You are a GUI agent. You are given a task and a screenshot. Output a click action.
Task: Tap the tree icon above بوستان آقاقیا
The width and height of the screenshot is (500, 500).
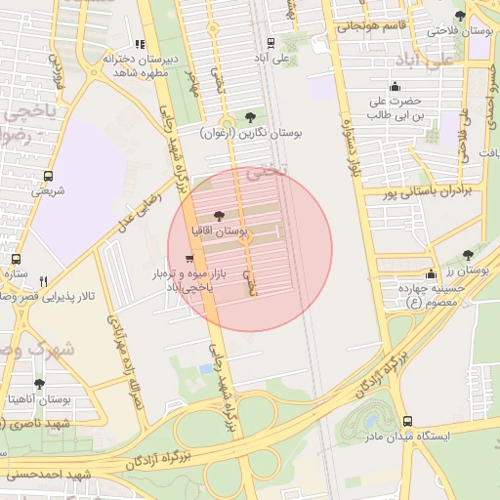(x=217, y=216)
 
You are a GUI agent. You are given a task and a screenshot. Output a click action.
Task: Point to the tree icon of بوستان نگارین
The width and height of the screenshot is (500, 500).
(x=251, y=116)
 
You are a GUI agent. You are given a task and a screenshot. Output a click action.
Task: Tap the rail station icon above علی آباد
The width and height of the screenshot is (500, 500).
(x=271, y=42)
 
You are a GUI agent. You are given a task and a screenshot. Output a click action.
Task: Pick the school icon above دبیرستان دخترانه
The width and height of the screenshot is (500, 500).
(x=141, y=44)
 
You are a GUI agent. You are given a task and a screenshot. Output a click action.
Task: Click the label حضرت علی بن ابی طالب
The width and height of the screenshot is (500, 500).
(x=395, y=107)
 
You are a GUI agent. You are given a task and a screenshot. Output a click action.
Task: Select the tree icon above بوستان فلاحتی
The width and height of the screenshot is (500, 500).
(x=460, y=17)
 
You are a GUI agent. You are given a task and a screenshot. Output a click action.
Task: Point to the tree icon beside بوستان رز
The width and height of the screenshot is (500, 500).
(x=467, y=255)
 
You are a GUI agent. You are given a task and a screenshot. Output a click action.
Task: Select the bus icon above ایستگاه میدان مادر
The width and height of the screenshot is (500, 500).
(x=407, y=421)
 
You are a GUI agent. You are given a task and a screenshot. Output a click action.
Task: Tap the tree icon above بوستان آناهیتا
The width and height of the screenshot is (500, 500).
(x=39, y=384)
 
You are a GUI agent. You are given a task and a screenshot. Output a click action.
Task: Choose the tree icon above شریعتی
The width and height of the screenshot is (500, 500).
(x=47, y=177)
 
